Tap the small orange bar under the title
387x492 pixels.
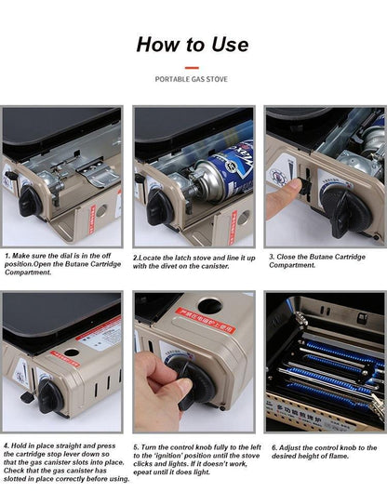192,67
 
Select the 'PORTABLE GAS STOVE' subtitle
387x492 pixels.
193,81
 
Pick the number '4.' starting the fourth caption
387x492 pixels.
7,446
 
